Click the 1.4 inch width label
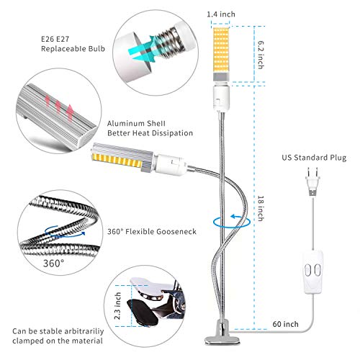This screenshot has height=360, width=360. pos(220,13)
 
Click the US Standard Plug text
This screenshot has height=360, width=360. pos(310,155)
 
